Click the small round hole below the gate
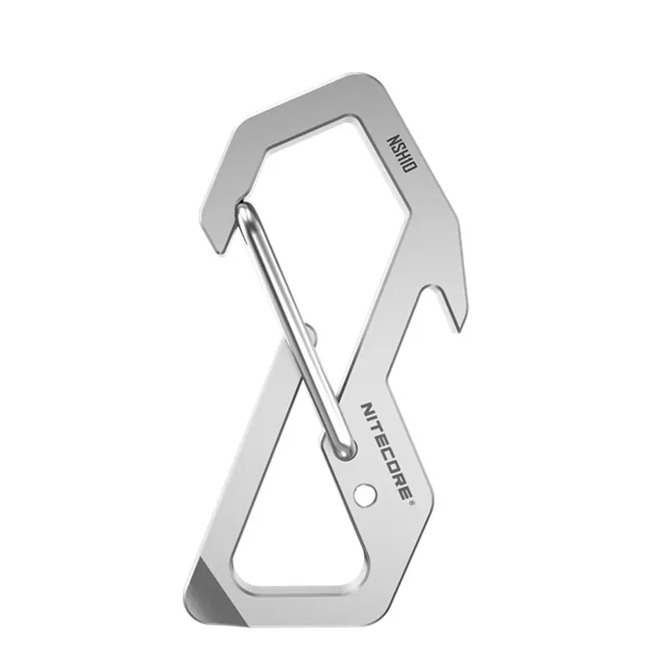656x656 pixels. [364, 495]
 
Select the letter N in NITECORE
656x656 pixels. [367, 409]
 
